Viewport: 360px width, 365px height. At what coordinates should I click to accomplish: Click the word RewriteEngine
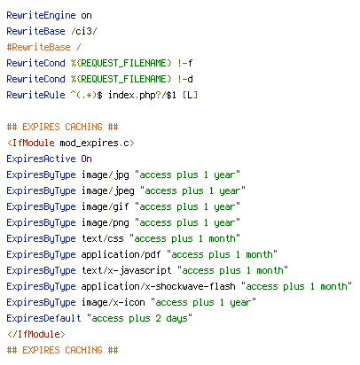tap(41, 15)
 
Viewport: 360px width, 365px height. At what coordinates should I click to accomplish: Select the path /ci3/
tap(84, 31)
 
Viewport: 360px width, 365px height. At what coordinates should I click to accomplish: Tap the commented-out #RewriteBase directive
tap(39, 47)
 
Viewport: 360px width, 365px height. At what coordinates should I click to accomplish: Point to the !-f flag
tap(185, 63)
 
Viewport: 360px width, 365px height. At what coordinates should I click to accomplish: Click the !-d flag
tap(185, 79)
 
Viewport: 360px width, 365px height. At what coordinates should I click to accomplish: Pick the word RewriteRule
tap(35, 95)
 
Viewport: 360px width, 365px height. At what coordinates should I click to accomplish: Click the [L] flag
tap(190, 95)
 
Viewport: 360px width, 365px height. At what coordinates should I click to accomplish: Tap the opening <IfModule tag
tap(31, 143)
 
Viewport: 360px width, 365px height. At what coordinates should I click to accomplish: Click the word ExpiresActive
tap(41, 159)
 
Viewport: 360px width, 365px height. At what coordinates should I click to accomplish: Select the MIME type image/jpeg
tap(108, 190)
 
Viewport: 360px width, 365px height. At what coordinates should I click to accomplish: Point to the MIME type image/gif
tap(106, 206)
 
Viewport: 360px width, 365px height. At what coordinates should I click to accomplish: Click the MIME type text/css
tap(103, 238)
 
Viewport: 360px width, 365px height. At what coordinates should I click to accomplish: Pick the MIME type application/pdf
tap(121, 254)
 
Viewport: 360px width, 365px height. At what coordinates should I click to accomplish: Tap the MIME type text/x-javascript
tap(127, 270)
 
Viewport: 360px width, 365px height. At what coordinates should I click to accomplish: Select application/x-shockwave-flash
tap(159, 286)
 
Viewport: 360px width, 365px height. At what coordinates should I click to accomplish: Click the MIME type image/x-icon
tap(113, 302)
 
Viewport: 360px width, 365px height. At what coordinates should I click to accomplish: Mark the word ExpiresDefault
tap(43, 318)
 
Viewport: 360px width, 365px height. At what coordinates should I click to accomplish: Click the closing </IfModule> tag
tap(36, 334)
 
